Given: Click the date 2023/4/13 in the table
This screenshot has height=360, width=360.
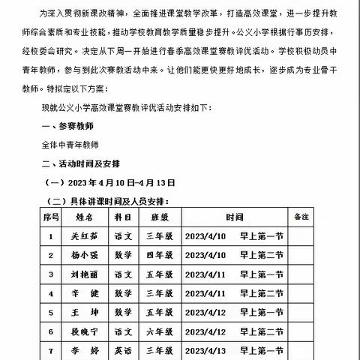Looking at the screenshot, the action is (x=204, y=350).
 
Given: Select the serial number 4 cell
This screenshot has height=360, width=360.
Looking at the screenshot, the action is (x=51, y=293).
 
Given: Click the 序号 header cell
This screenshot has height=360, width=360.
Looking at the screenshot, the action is (x=51, y=217).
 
